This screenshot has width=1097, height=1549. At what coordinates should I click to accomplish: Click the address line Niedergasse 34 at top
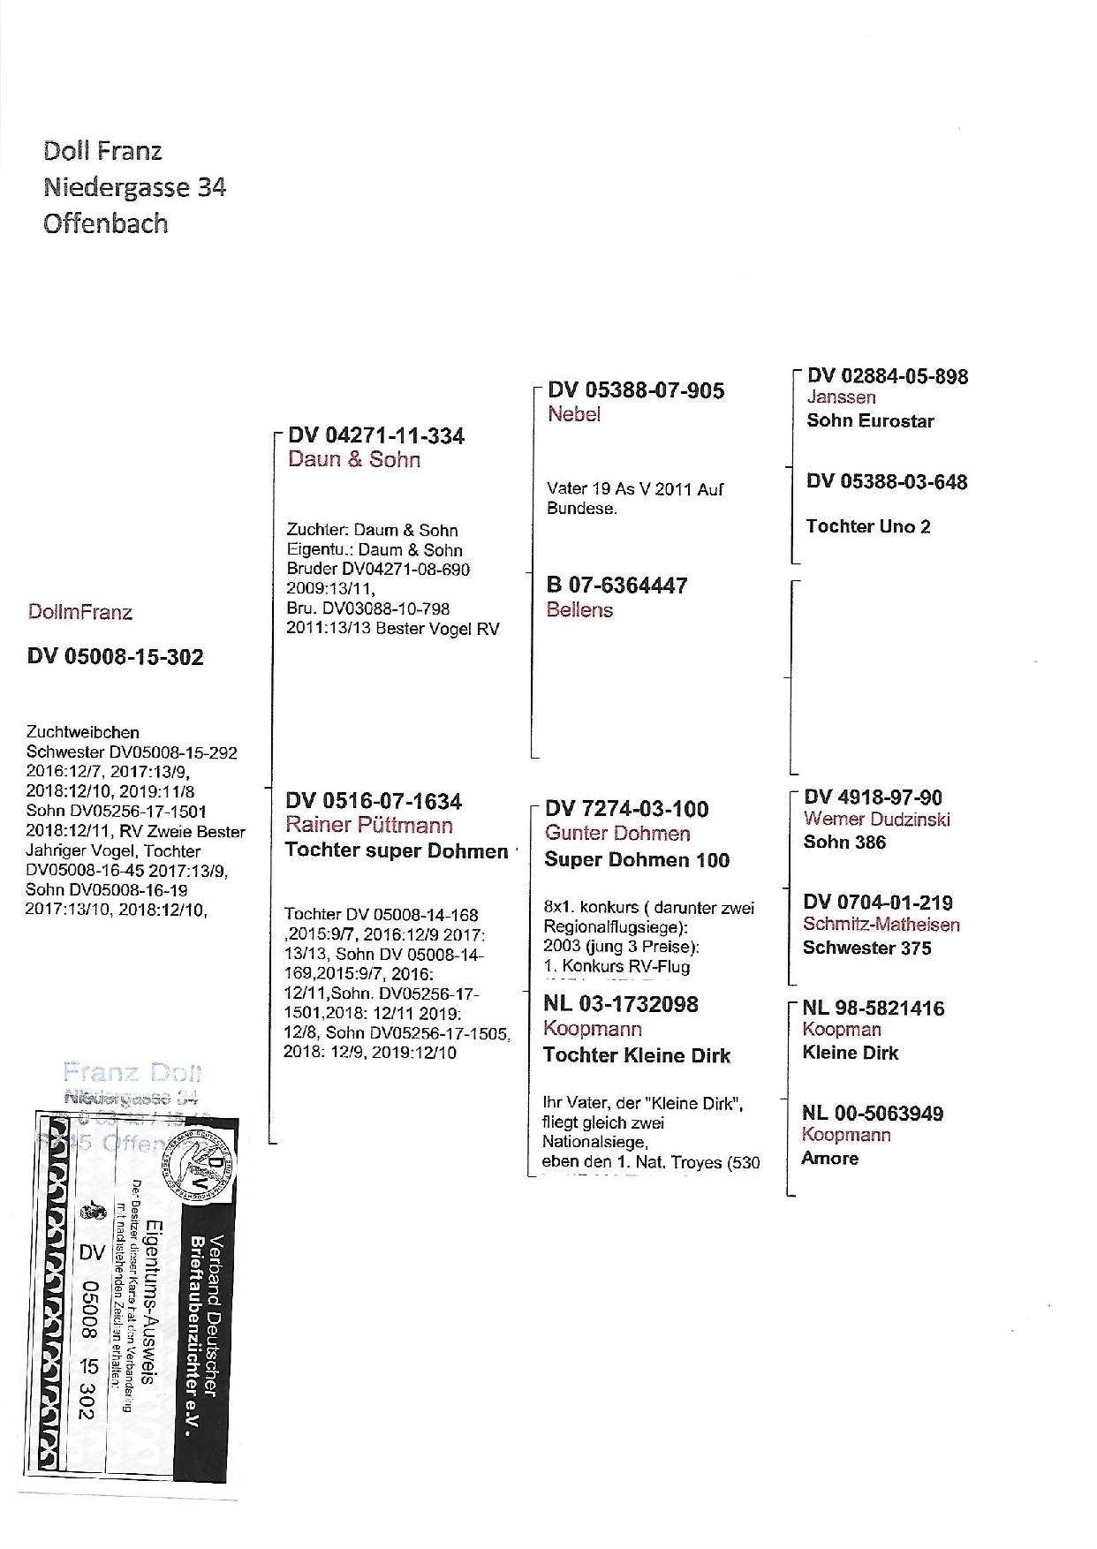(134, 187)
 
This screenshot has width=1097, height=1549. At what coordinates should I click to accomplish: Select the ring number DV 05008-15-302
(116, 657)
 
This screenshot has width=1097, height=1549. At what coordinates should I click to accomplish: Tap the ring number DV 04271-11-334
(376, 436)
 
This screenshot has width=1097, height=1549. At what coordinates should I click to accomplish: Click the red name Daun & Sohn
(354, 459)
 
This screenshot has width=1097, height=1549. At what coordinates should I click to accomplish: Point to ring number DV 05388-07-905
(636, 390)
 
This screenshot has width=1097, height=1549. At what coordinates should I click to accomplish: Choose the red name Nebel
(574, 414)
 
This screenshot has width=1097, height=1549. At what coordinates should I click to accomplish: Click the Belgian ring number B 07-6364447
(617, 586)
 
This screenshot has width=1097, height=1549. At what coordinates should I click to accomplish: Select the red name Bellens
(579, 609)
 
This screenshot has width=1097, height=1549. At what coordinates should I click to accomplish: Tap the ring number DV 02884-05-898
(887, 376)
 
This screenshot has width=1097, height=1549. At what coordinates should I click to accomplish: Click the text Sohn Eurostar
(870, 420)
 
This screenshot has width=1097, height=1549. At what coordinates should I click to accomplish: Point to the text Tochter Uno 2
(868, 526)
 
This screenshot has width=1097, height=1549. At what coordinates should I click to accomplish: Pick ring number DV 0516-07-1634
(374, 801)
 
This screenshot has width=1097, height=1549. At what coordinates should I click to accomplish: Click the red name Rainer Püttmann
(369, 826)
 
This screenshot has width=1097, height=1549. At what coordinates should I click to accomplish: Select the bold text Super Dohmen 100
(637, 859)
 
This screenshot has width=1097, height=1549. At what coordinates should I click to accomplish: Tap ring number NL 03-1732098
(621, 1004)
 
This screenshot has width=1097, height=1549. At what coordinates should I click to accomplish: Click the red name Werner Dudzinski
(877, 819)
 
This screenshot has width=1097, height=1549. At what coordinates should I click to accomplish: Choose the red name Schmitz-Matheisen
(881, 925)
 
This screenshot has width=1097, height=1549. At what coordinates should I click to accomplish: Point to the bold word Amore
(829, 1158)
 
